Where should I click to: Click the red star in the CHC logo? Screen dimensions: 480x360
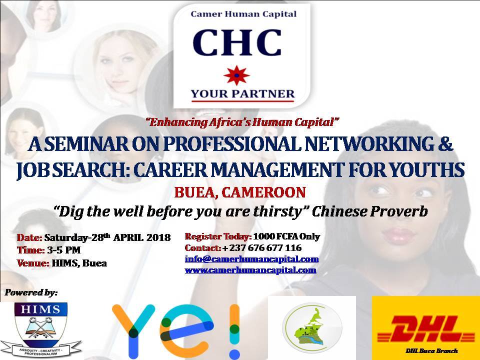click(x=236, y=75)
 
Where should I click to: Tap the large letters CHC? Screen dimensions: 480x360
click(x=237, y=42)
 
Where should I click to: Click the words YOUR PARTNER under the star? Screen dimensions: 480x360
click(x=242, y=93)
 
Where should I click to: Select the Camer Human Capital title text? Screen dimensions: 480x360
click(x=243, y=14)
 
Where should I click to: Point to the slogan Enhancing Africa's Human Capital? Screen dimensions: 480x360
click(x=243, y=122)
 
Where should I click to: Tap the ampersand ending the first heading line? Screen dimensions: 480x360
click(x=445, y=144)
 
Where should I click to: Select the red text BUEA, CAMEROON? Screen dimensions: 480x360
click(x=240, y=192)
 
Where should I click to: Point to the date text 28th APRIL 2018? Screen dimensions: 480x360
click(x=131, y=237)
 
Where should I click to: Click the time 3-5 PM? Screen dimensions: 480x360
click(x=63, y=250)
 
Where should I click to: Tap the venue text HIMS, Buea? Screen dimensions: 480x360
click(x=79, y=263)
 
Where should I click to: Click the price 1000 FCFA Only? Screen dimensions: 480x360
click(x=286, y=236)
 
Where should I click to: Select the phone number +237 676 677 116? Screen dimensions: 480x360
click(x=262, y=247)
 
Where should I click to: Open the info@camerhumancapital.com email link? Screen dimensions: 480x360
click(x=251, y=259)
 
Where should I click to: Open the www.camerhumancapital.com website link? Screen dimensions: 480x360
click(x=250, y=270)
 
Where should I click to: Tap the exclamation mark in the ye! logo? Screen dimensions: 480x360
click(x=234, y=330)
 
